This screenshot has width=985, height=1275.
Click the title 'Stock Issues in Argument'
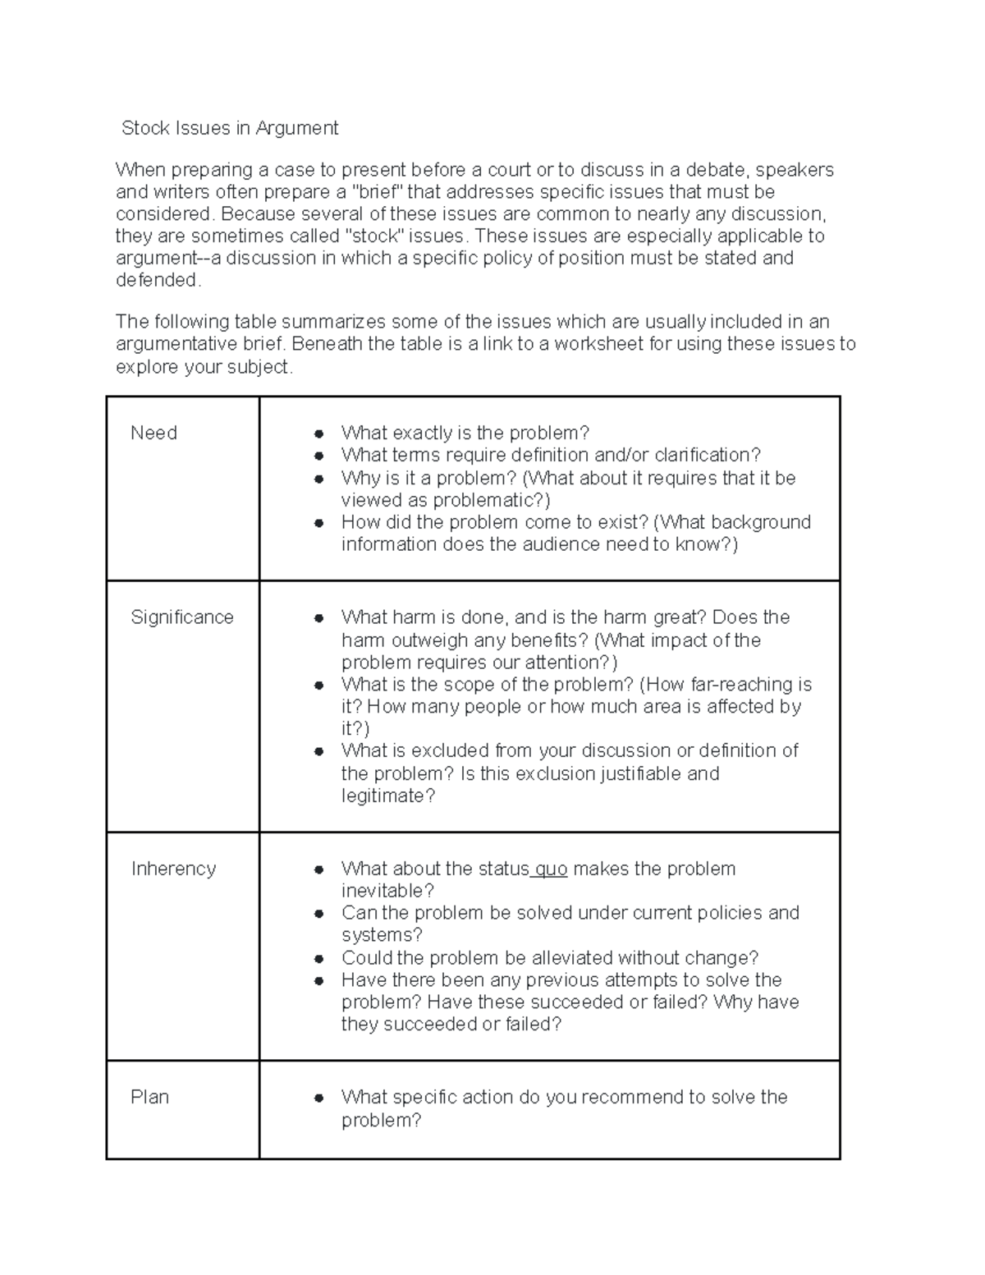coord(230,128)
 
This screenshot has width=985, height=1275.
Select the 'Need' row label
coord(153,433)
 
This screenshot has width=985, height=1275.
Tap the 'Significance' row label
coord(182,617)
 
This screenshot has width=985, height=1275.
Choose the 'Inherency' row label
coord(173,869)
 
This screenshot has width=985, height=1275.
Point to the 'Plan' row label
coord(149,1097)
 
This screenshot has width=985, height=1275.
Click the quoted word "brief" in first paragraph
coord(378,192)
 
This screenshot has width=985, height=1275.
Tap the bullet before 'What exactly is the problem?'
coord(318,433)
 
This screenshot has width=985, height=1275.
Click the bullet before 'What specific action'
coord(318,1098)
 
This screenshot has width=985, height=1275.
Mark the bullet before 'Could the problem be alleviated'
coord(318,958)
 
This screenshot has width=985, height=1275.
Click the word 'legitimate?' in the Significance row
coord(387,796)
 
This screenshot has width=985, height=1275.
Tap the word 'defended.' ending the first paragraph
coord(158,281)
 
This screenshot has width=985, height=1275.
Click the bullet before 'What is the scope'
coord(318,685)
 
